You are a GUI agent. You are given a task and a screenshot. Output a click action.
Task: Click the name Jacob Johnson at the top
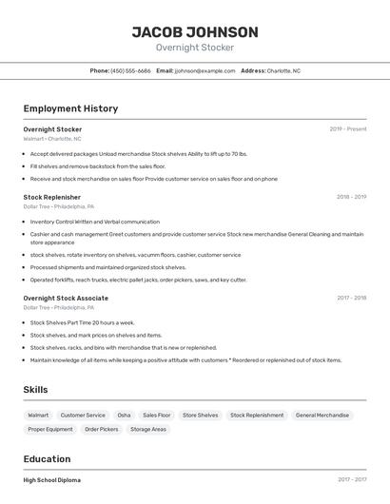click(x=195, y=31)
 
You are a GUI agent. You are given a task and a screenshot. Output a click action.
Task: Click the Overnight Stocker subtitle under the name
click(x=195, y=48)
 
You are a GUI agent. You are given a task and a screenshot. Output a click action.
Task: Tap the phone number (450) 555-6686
click(x=130, y=70)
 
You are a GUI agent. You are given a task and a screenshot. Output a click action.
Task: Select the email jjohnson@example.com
click(x=204, y=70)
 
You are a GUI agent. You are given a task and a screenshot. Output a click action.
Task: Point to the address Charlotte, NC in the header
click(x=283, y=70)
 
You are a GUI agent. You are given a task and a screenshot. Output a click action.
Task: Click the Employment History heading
click(x=70, y=108)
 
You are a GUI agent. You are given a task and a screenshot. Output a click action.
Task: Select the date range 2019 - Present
click(x=347, y=128)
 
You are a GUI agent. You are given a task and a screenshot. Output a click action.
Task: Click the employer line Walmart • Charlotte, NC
click(x=52, y=139)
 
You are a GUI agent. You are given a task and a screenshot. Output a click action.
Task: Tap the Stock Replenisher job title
click(x=51, y=197)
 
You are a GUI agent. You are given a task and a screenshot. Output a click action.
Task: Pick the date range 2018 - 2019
click(x=351, y=197)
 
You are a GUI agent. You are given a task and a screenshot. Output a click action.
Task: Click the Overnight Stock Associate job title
click(x=66, y=298)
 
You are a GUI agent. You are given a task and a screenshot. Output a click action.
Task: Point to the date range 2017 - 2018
click(x=351, y=298)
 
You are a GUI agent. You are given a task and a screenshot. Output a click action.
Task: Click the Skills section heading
click(x=35, y=390)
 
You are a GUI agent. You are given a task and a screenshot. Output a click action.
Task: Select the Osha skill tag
click(x=124, y=415)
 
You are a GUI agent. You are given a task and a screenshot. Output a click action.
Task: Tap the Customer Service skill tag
click(x=83, y=415)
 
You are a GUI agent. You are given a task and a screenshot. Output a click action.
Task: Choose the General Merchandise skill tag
click(x=322, y=415)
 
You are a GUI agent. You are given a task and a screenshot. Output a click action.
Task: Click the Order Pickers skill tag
click(x=102, y=429)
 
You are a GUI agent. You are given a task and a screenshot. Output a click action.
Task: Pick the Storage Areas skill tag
click(x=148, y=429)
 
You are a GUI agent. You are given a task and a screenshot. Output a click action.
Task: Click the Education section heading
click(x=47, y=459)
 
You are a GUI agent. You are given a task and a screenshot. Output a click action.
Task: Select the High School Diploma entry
click(x=52, y=480)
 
